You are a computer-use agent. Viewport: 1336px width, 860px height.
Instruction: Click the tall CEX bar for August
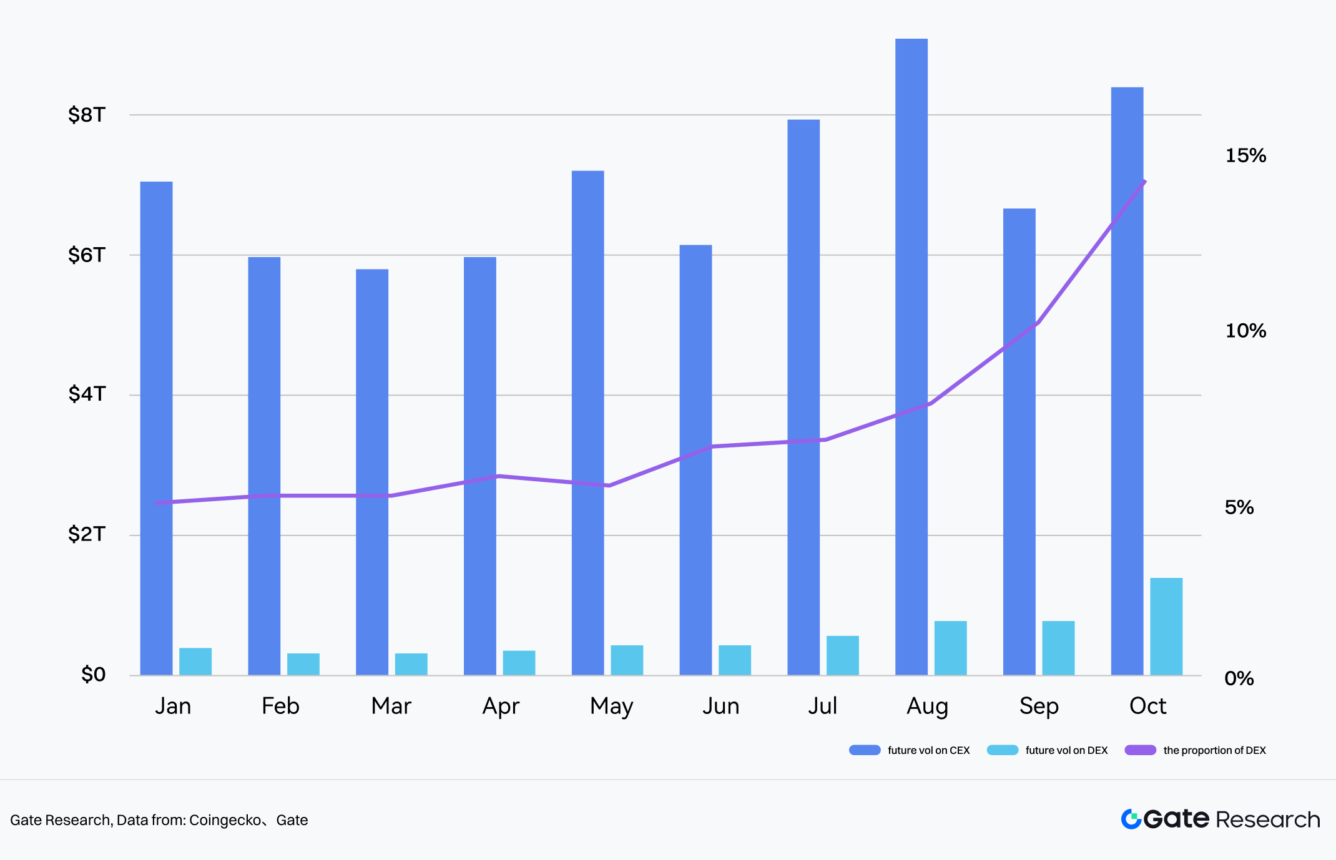coord(911,356)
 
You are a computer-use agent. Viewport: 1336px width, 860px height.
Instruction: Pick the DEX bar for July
coord(842,655)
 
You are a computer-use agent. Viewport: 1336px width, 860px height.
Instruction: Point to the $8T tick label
coord(87,115)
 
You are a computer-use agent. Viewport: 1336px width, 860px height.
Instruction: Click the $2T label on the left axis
coord(87,534)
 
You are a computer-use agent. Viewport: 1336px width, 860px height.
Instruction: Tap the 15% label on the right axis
coord(1245,155)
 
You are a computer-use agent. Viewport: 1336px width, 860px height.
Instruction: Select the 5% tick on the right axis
coord(1239,507)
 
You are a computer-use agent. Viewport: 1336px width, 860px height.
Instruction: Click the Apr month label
coord(501,706)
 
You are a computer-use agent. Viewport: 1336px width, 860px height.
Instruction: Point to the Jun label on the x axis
coord(720,706)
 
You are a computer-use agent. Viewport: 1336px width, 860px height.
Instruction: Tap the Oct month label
coord(1147,706)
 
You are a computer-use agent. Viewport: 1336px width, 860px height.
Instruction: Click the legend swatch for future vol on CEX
coord(865,750)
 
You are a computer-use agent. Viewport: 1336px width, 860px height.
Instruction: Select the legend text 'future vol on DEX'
coord(1066,750)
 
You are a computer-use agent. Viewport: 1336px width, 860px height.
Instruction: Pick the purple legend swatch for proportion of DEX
coord(1140,750)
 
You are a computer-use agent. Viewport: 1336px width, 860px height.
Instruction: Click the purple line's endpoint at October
coord(1144,182)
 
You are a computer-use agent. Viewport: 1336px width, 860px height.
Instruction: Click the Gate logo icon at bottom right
coord(1131,819)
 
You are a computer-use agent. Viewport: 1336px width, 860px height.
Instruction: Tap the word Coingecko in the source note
coord(225,820)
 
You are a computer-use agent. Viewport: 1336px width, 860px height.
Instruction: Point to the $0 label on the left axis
coord(94,675)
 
